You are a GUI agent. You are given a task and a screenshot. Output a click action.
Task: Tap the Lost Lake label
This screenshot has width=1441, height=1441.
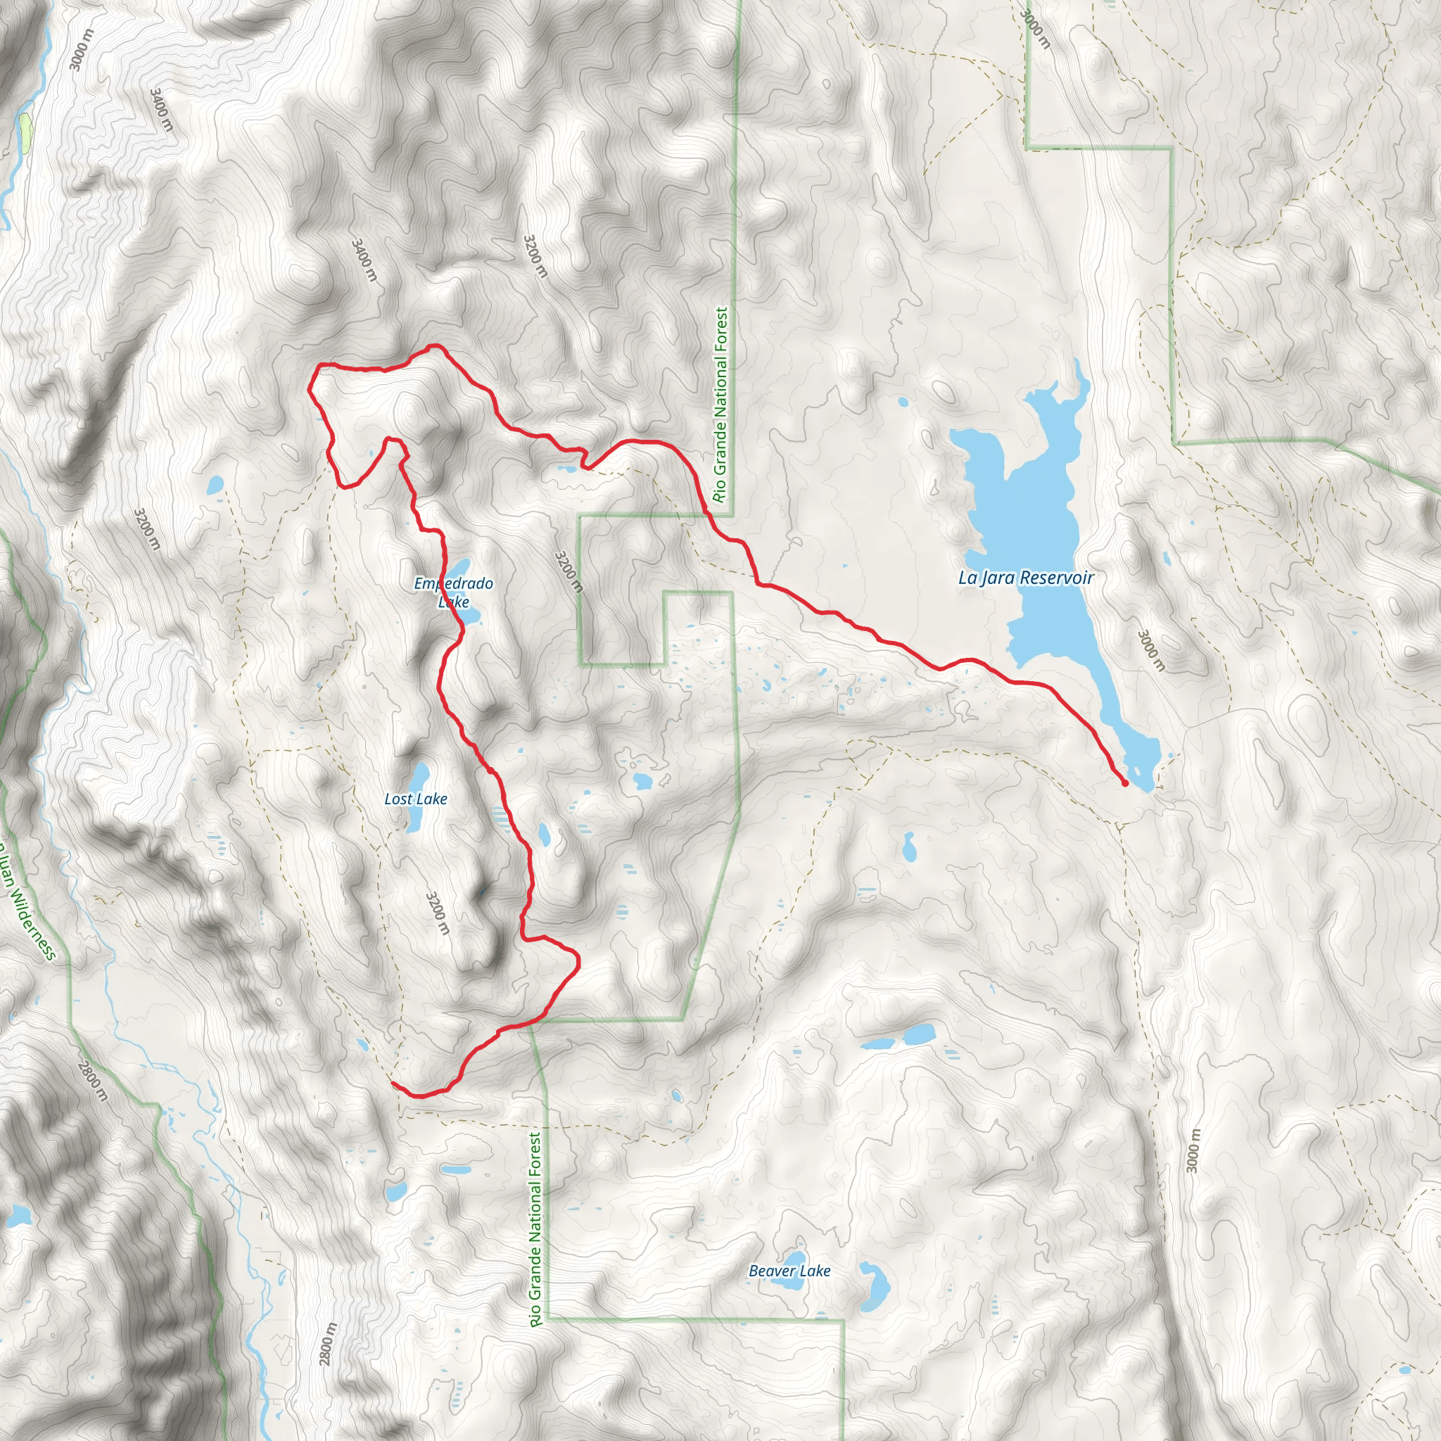[415, 799]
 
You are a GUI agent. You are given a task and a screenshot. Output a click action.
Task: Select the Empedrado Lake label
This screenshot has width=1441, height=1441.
[454, 592]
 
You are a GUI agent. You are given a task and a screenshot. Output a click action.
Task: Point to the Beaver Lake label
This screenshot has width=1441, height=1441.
[789, 1271]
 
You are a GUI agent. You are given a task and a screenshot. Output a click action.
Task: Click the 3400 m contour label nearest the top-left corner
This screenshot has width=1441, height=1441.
[161, 110]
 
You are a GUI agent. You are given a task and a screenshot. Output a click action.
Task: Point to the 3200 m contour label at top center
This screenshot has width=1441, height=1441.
[535, 256]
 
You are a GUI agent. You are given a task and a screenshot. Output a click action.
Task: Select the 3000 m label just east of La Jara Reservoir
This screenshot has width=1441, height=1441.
[1150, 649]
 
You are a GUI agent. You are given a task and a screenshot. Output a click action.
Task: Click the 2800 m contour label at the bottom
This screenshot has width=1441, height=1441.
[327, 1343]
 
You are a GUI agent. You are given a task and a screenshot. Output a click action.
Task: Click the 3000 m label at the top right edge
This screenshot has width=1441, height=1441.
[1035, 28]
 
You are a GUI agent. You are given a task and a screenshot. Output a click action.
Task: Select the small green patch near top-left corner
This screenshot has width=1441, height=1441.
[25, 133]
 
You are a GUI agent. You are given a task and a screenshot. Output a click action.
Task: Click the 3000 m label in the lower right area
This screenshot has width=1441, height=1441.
[1194, 1151]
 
